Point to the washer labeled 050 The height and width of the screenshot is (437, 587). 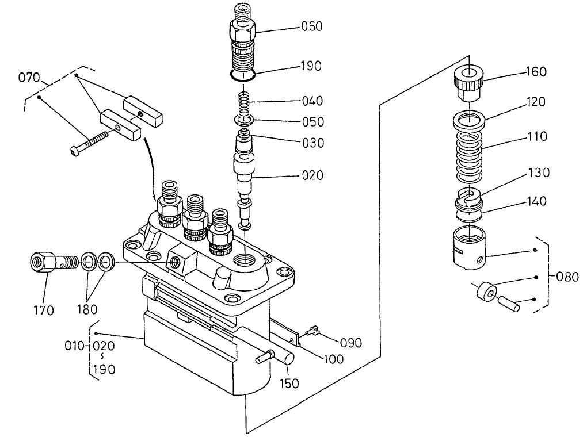click(x=245, y=120)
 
